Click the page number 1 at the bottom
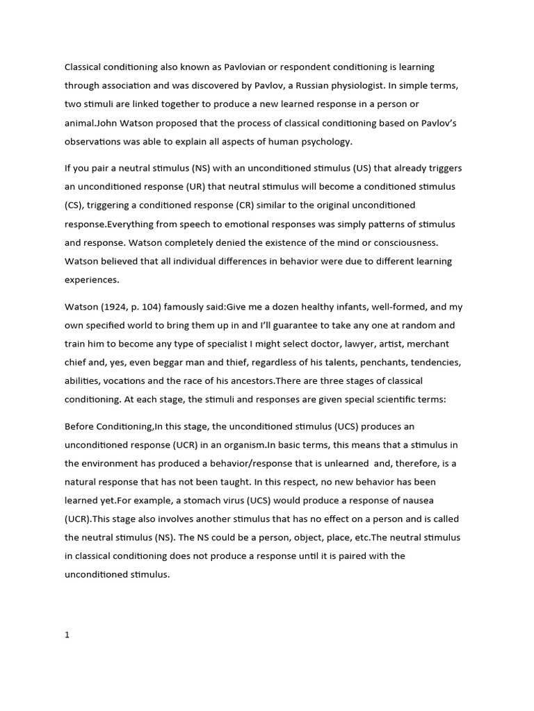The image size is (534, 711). (67, 614)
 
